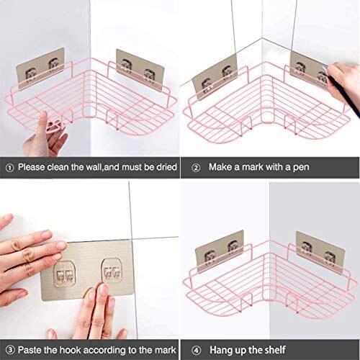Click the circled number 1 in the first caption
[9, 168]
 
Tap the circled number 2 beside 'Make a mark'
[196, 168]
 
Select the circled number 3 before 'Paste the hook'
[10, 350]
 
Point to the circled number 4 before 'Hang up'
[196, 351]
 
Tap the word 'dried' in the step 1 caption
[166, 167]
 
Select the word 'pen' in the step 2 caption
[301, 167]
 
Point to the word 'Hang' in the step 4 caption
[221, 351]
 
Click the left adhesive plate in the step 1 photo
[40, 68]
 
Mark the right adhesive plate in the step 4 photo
[320, 253]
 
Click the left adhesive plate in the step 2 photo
[215, 77]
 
